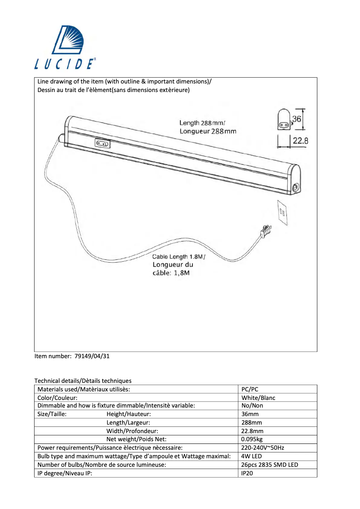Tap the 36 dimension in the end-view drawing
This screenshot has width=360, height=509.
pos(296,119)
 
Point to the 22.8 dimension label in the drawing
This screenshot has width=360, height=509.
pos(300,140)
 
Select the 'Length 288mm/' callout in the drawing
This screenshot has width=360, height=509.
pos(202,123)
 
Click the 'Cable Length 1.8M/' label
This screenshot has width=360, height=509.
pos(178,257)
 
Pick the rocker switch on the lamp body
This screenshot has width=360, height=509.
pos(102,143)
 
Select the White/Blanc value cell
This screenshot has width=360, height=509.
pos(258,398)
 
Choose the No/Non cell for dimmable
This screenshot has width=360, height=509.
pos(252,406)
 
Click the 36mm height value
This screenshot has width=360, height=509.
pos(250,414)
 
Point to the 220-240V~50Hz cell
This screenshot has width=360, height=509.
pos(263,448)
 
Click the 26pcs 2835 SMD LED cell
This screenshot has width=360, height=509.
pos(269,465)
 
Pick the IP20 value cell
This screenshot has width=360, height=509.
pos(247,473)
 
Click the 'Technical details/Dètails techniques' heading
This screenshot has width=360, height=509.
pos(83,381)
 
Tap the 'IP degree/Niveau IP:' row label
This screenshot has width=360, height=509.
pos(65,473)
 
